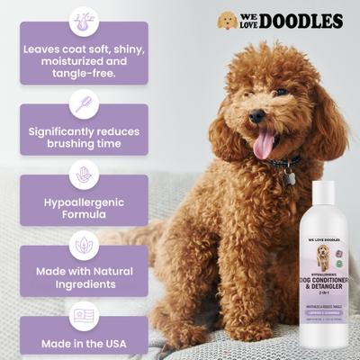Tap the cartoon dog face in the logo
point(229,21)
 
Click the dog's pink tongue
point(264,142)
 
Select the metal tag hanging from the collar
point(290,178)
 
